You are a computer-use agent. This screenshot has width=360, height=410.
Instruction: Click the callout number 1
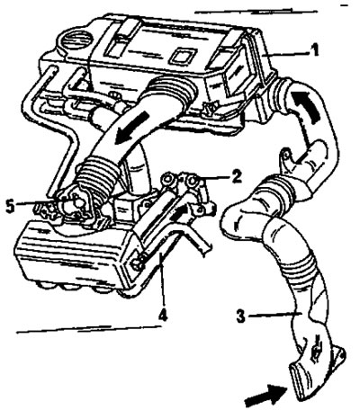[314, 50]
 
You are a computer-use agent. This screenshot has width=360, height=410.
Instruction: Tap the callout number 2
[237, 177]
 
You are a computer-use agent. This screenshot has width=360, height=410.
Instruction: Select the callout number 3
[240, 316]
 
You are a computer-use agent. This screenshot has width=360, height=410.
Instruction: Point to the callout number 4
[162, 315]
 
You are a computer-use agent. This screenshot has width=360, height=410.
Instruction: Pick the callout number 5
[11, 207]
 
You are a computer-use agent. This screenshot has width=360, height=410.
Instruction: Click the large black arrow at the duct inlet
[265, 396]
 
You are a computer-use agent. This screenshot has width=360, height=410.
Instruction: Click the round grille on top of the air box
[77, 38]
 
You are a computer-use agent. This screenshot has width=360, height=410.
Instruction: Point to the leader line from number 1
[287, 54]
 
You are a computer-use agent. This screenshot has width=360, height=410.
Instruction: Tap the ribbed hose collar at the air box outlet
[175, 88]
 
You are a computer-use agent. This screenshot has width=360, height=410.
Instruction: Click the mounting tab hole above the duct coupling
[286, 156]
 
